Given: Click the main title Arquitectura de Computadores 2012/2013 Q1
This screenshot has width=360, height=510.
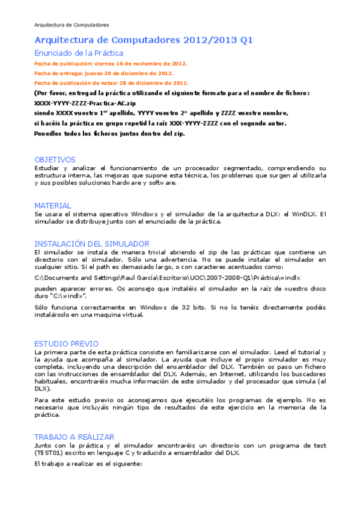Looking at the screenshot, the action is (144, 40).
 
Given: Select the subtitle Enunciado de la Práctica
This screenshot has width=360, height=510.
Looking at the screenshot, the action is (79, 53).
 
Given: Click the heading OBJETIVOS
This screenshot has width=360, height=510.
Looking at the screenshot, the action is (55, 159).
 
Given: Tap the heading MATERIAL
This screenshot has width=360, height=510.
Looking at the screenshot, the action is (53, 205).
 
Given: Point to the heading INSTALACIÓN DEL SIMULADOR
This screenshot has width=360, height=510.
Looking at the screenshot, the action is (91, 244).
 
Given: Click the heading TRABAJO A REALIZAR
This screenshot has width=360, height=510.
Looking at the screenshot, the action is (75, 437).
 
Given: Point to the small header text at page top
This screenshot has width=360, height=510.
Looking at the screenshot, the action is (72, 25).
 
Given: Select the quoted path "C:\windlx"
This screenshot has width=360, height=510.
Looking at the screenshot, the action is (68, 296).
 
